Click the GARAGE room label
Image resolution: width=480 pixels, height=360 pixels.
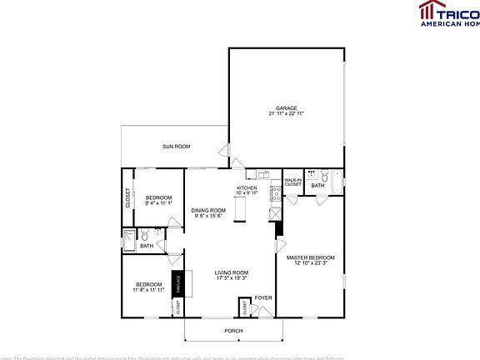(x=286, y=107)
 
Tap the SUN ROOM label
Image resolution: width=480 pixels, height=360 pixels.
(x=176, y=147)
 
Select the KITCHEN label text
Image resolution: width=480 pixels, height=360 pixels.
(x=247, y=188)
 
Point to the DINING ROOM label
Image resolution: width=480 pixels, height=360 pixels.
(x=208, y=210)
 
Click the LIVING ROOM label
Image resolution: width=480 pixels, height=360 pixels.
(x=232, y=272)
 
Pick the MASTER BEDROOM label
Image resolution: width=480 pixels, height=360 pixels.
(x=311, y=258)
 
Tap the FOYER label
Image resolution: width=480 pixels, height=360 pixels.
(x=263, y=297)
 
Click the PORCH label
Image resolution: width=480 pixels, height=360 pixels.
(x=233, y=331)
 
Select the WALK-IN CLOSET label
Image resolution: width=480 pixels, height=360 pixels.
(x=292, y=182)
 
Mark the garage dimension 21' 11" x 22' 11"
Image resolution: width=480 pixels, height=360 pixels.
(x=286, y=113)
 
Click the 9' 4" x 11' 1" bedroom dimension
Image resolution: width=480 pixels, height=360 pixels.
(x=157, y=202)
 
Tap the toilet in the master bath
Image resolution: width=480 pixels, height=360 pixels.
(x=312, y=176)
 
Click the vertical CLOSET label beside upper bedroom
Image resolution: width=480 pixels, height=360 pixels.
(x=128, y=197)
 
